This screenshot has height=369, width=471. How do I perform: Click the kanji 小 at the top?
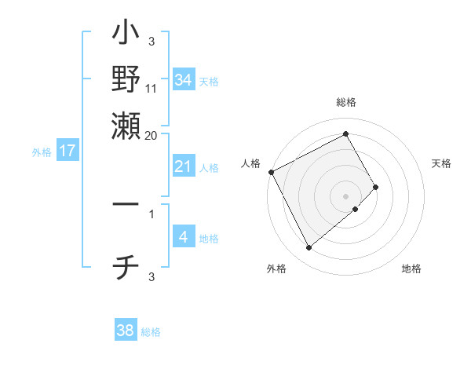point(126,35)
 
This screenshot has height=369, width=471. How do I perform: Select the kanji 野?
point(126,79)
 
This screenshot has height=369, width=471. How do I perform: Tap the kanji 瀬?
point(126,124)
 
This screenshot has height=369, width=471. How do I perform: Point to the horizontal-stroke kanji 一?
point(126,204)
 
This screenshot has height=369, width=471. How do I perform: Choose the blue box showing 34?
point(183,79)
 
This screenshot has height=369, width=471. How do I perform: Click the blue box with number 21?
point(183,166)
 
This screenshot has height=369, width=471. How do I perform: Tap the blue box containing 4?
point(183,237)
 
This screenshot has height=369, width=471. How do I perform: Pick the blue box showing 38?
point(126,331)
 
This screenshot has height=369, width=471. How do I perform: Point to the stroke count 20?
point(152,135)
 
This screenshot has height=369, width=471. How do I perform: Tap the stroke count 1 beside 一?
point(152,212)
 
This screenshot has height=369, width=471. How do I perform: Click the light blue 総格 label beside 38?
point(151,332)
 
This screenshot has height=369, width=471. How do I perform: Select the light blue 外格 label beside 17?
point(42,152)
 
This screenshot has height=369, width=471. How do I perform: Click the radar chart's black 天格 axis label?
point(441,163)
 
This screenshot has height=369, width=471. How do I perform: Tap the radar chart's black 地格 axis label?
point(411,269)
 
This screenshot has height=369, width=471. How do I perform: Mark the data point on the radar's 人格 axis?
point(271,172)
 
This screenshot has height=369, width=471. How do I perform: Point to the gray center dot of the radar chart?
point(345,195)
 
